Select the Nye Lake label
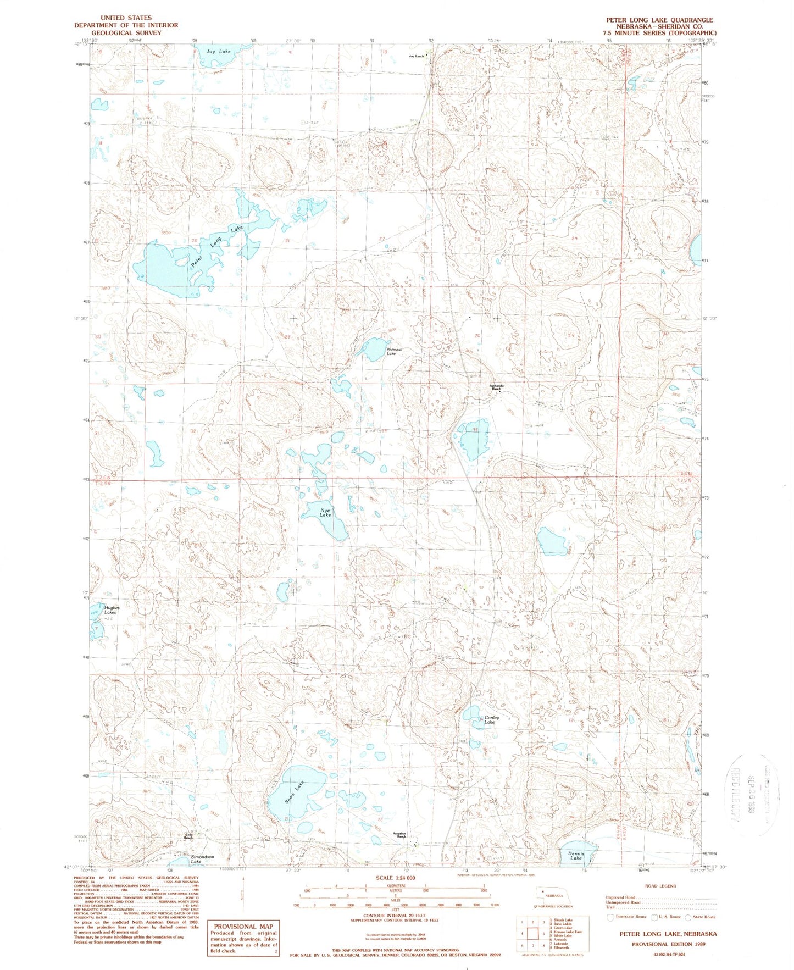(325, 513)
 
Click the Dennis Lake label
(575, 855)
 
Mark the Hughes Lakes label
(112, 610)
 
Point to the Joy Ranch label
(417, 56)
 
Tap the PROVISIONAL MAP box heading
(243, 926)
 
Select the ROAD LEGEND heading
(661, 885)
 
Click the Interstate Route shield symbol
(610, 917)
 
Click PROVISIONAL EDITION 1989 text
(667, 944)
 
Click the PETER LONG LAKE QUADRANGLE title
(659, 20)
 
